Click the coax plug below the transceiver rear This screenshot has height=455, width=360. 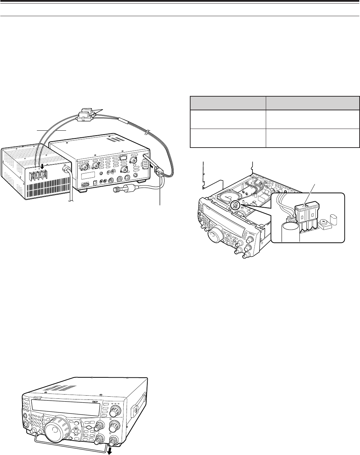pyautogui.click(x=123, y=191)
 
